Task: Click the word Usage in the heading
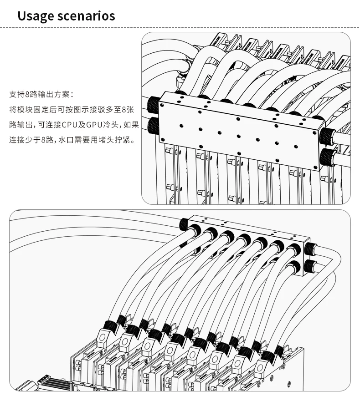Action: [36, 16]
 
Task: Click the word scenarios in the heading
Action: [86, 15]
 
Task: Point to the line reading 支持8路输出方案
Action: [41, 95]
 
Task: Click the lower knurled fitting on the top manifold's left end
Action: [153, 126]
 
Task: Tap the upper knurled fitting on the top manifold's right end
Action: [328, 136]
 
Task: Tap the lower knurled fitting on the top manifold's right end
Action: [328, 157]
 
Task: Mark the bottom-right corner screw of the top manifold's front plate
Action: [315, 167]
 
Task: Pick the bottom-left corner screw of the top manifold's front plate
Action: [163, 139]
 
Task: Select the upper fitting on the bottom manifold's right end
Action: [311, 249]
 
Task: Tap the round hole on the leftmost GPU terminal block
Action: [103, 338]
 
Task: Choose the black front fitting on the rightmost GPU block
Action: [268, 357]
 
